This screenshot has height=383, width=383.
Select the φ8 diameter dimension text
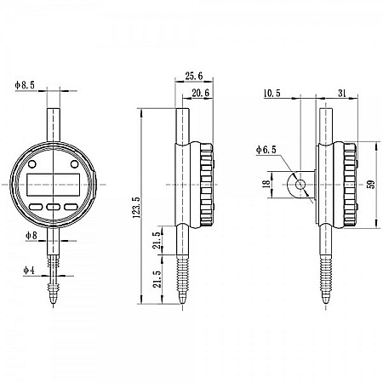tap(31, 234)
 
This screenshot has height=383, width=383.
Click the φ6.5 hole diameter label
tap(266, 150)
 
